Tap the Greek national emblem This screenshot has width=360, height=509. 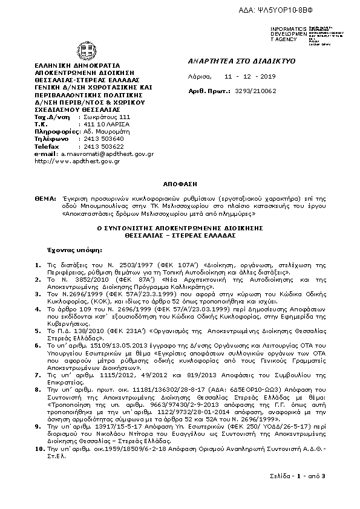tap(84, 50)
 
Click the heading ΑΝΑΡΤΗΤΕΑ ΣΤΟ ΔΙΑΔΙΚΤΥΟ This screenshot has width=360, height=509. tap(232, 61)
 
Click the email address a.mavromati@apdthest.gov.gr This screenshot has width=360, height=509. tap(106, 154)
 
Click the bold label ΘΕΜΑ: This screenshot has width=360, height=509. tap(44, 198)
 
